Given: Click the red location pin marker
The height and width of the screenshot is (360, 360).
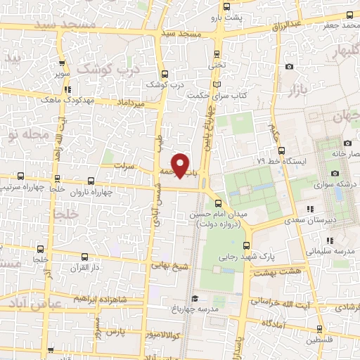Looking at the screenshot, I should pyautogui.click(x=181, y=165).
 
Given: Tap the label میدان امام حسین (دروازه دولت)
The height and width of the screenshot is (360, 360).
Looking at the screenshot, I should pyautogui.click(x=216, y=219).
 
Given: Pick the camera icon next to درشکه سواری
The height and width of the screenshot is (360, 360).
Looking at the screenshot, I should pyautogui.click(x=335, y=173).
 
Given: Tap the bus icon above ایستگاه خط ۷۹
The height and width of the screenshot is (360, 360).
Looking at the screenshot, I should pyautogui.click(x=282, y=150).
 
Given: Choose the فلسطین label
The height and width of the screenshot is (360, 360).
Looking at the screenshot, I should pyautogui.click(x=342, y=339).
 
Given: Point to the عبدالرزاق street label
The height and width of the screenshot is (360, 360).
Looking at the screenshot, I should pyautogui.click(x=287, y=25).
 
